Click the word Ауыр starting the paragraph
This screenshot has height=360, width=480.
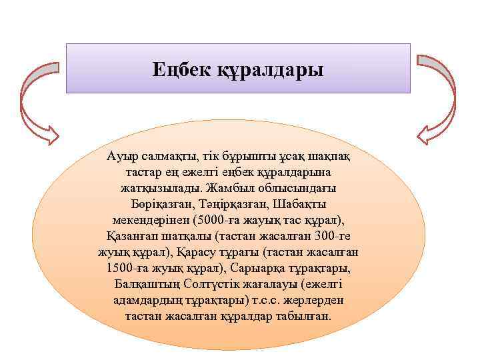tap(120, 156)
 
